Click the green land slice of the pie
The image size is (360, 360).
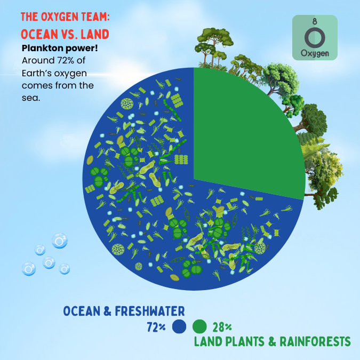click(x=245, y=133)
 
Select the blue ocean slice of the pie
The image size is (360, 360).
click(x=139, y=213)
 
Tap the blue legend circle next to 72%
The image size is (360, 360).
click(x=179, y=326)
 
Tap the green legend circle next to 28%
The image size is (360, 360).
click(x=199, y=326)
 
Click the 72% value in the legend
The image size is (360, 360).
click(x=156, y=327)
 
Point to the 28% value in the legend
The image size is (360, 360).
click(x=221, y=327)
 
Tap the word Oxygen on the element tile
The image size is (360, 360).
click(x=315, y=53)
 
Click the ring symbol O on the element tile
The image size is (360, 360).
click(x=315, y=37)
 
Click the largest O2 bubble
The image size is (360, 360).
click(x=59, y=241)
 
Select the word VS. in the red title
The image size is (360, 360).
click(x=68, y=35)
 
